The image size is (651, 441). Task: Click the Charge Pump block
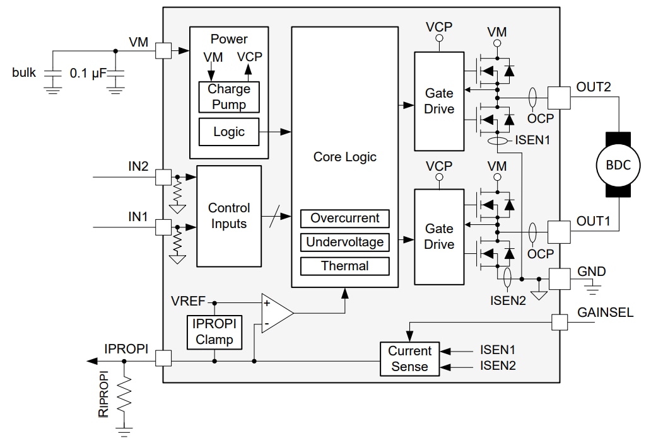tap(229, 97)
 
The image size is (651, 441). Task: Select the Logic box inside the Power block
tap(229, 132)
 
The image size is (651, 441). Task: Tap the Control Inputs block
tap(229, 215)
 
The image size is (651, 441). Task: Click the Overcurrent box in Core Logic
tap(344, 219)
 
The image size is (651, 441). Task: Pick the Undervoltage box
tap(344, 243)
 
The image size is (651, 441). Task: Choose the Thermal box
tap(344, 266)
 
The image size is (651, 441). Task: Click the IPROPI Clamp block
tap(214, 332)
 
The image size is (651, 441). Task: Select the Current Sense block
tap(409, 359)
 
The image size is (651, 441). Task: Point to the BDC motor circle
tap(618, 165)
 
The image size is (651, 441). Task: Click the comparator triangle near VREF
tap(276, 312)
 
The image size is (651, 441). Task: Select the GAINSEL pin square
tap(560, 322)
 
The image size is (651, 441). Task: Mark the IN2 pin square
tap(163, 177)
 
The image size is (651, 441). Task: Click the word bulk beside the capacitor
tap(25, 72)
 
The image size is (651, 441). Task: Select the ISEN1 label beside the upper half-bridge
tap(534, 140)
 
